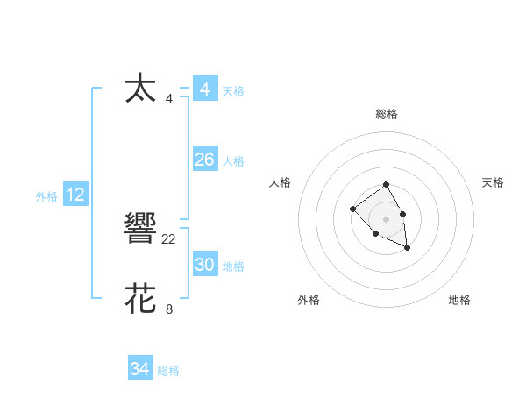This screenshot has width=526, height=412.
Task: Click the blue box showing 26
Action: (x=204, y=160)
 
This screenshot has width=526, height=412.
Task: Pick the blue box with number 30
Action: (x=204, y=265)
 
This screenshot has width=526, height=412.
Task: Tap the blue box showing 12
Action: (x=75, y=195)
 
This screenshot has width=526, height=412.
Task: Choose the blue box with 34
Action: (x=139, y=369)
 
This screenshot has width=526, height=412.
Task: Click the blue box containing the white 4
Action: (x=204, y=89)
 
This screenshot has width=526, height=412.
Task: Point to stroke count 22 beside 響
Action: (x=169, y=238)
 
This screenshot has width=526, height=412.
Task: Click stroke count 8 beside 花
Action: (x=169, y=309)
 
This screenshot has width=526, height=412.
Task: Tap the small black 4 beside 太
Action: (x=169, y=98)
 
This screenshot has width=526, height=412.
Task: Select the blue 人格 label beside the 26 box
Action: (x=233, y=161)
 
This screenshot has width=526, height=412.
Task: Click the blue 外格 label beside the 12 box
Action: (x=46, y=196)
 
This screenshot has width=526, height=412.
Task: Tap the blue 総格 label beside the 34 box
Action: (x=168, y=371)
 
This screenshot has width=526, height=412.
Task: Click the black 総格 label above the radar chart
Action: (x=386, y=114)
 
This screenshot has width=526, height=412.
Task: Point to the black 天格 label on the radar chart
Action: (x=493, y=182)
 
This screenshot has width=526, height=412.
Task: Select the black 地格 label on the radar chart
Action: (x=459, y=300)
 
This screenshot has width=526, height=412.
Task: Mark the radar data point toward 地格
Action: (x=408, y=249)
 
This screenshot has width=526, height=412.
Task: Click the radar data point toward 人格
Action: (x=352, y=209)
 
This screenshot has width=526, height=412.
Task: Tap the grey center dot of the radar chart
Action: (x=386, y=219)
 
